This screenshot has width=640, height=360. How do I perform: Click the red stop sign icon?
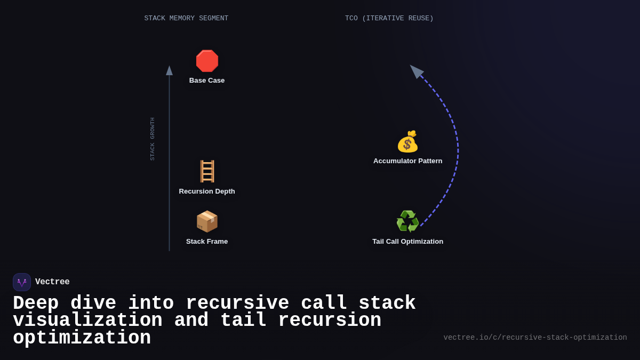pyautogui.click(x=207, y=61)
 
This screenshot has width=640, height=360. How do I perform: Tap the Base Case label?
pyautogui.click(x=207, y=81)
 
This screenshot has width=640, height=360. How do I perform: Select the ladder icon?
pyautogui.click(x=207, y=171)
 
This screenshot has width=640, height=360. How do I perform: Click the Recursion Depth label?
pyautogui.click(x=207, y=191)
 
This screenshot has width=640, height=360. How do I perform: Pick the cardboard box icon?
pyautogui.click(x=207, y=221)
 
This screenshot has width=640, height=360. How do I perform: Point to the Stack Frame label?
pyautogui.click(x=207, y=242)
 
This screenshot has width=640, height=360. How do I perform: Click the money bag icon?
pyautogui.click(x=407, y=142)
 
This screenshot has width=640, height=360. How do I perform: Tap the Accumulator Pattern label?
pyautogui.click(x=407, y=161)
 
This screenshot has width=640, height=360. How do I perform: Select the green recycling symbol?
pyautogui.click(x=407, y=221)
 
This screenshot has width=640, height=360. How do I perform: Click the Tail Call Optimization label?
pyautogui.click(x=407, y=242)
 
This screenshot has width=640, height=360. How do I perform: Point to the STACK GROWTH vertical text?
pyautogui.click(x=153, y=139)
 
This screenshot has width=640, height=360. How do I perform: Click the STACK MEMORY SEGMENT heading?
pyautogui.click(x=186, y=19)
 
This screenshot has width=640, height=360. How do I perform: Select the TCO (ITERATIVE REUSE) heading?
pyautogui.click(x=389, y=19)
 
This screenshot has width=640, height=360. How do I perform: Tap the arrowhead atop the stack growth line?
pyautogui.click(x=169, y=70)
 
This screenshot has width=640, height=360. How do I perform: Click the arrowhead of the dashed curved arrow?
pyautogui.click(x=416, y=71)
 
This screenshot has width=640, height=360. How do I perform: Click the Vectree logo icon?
pyautogui.click(x=22, y=282)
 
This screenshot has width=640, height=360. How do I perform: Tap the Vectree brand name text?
pyautogui.click(x=52, y=282)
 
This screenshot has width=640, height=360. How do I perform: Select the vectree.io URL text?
pyautogui.click(x=535, y=338)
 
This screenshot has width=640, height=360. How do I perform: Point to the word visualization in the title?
pyautogui.click(x=87, y=321)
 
